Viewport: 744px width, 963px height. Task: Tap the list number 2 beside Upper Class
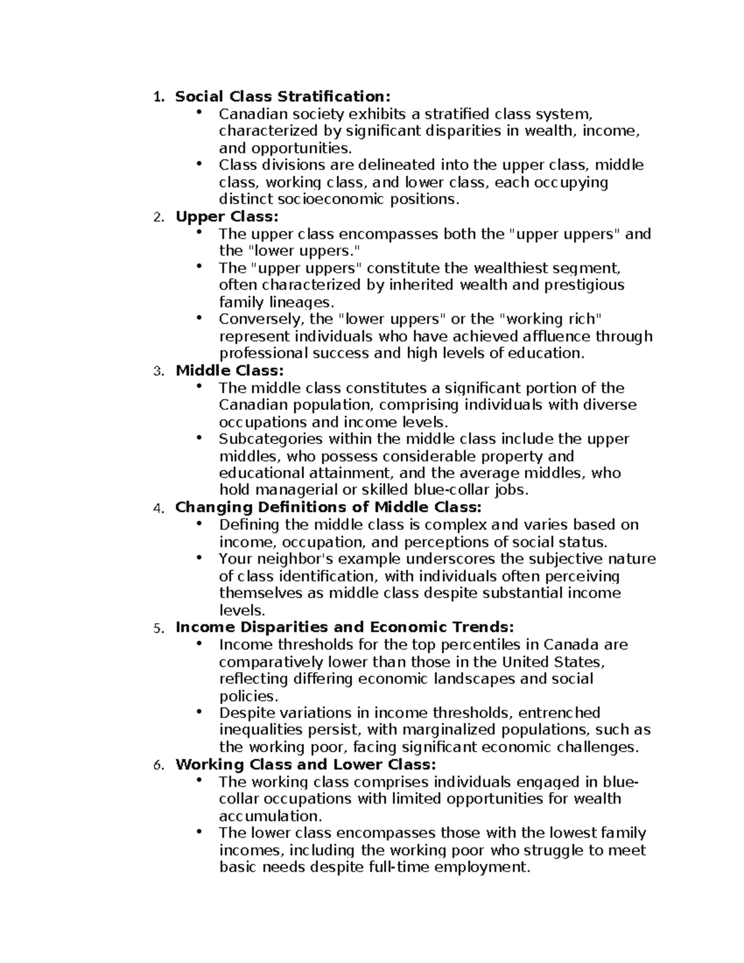pos(158,218)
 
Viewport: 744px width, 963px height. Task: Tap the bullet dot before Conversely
pos(198,317)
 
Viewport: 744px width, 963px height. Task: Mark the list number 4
pos(158,509)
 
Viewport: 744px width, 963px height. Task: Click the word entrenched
pos(559,713)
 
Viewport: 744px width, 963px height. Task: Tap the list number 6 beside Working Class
pos(158,766)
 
